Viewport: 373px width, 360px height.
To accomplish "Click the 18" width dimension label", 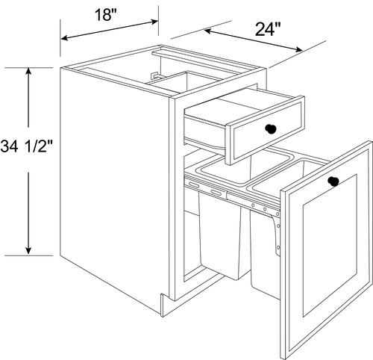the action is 106,15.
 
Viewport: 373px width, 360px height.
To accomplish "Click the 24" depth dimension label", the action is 268,30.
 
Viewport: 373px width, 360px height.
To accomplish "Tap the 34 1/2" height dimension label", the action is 27,146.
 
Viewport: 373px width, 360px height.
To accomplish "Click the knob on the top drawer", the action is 271,128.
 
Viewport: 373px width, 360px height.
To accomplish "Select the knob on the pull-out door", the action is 333,181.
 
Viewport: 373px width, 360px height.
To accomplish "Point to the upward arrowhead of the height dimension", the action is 28,72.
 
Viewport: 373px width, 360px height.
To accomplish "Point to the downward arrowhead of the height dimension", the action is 28,251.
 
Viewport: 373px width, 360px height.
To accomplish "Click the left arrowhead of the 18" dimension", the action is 65,38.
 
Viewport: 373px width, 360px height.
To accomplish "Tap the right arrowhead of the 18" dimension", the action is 154,22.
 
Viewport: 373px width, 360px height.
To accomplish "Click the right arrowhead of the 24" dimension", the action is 298,49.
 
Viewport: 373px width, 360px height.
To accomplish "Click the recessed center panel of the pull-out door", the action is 330,245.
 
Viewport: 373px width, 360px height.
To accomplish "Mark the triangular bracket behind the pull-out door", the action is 277,234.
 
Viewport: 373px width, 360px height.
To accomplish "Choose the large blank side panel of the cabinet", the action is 115,189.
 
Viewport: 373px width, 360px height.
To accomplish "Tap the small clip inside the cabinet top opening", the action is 155,75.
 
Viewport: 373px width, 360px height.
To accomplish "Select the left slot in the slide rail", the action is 194,185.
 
